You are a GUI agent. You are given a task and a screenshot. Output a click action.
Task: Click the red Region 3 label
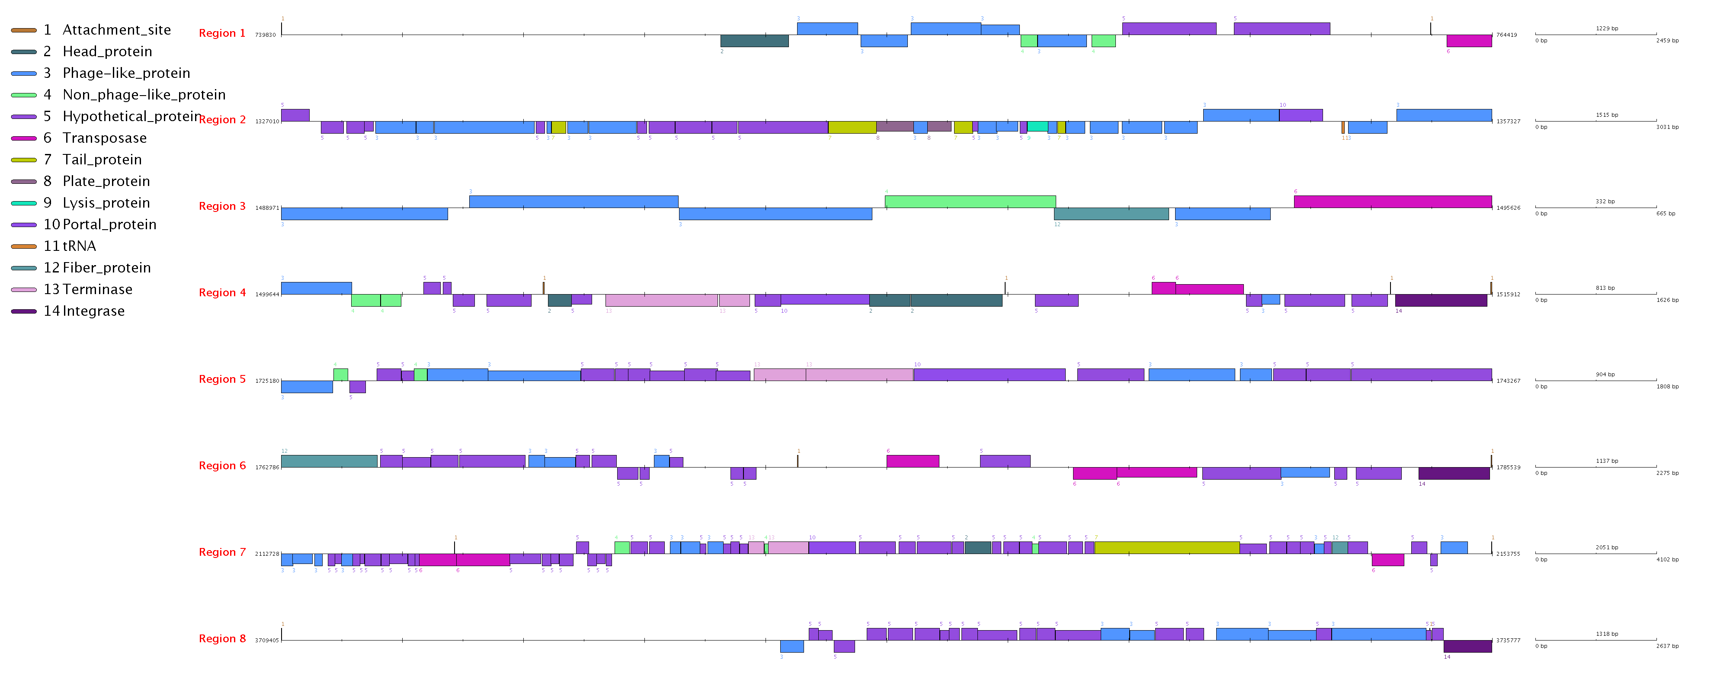pyautogui.click(x=222, y=206)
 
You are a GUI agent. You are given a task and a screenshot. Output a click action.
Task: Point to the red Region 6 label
pyautogui.click(x=222, y=466)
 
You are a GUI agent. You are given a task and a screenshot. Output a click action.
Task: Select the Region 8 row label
pyautogui.click(x=222, y=639)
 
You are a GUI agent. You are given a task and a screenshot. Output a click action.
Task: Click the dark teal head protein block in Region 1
pyautogui.click(x=754, y=41)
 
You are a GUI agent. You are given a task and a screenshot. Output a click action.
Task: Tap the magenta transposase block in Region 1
pyautogui.click(x=1469, y=41)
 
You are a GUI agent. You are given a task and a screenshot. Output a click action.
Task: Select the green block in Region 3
pyautogui.click(x=970, y=202)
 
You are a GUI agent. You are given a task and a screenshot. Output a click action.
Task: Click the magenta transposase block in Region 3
pyautogui.click(x=1392, y=202)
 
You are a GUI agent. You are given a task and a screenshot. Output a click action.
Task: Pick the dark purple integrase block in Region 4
pyautogui.click(x=1441, y=300)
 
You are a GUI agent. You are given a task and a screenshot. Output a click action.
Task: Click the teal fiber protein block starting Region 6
pyautogui.click(x=329, y=461)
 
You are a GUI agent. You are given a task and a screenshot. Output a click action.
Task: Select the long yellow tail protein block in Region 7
pyautogui.click(x=1166, y=548)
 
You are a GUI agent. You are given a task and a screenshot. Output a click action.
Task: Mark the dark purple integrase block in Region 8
pyautogui.click(x=1467, y=646)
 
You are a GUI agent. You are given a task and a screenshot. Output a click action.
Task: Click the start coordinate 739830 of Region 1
pyautogui.click(x=265, y=35)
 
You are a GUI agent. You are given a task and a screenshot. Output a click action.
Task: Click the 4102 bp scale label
pyautogui.click(x=1667, y=560)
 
